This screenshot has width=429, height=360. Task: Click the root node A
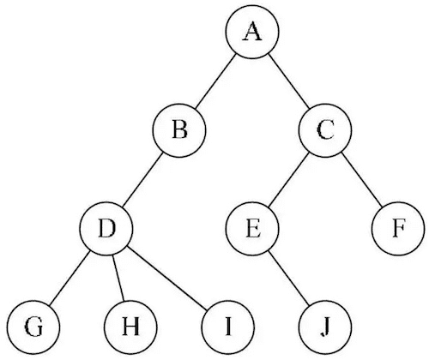point(251,33)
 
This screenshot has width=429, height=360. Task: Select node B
point(179,131)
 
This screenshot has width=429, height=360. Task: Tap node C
point(324,131)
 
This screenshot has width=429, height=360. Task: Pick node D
point(106,229)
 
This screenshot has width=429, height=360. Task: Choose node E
point(252,229)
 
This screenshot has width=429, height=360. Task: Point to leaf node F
point(397,229)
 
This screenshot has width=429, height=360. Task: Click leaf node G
point(33,327)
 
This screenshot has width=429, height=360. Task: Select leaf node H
point(129,327)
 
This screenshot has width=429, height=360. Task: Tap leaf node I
point(227,327)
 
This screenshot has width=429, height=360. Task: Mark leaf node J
point(324,327)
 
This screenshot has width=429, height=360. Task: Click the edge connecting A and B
point(215,82)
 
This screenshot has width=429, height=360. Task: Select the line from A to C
point(288,82)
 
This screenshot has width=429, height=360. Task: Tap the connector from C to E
point(288,180)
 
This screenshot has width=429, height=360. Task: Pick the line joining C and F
point(361,180)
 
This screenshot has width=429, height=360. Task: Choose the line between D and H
point(118,278)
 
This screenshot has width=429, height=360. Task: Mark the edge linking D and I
point(166,278)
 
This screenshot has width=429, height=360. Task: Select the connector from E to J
point(288,278)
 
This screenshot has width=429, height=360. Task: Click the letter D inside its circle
point(106,229)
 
